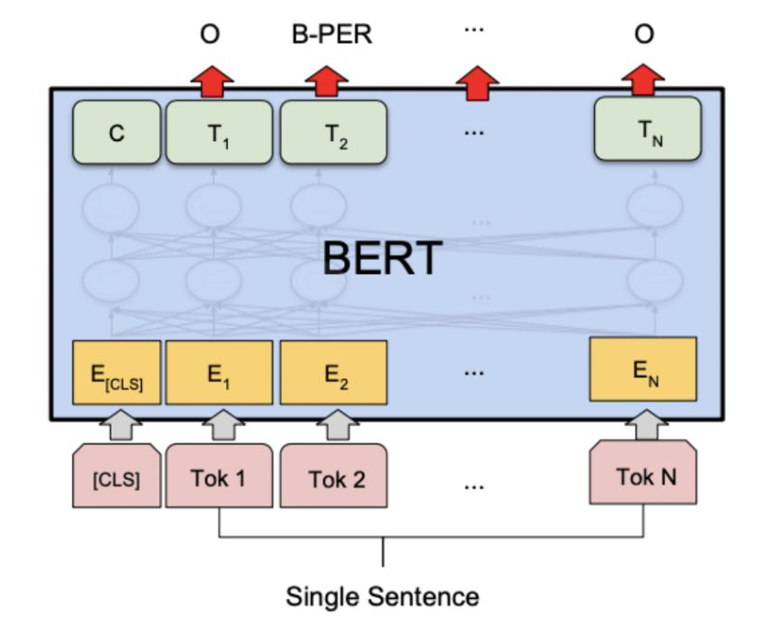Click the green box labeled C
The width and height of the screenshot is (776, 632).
click(116, 133)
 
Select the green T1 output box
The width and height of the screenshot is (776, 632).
click(219, 133)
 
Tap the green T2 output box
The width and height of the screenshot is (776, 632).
click(332, 133)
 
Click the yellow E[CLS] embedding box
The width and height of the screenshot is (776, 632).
click(116, 374)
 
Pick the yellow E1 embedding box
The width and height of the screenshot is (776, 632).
click(219, 374)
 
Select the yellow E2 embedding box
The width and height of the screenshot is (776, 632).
click(332, 374)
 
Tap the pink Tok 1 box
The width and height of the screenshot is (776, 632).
click(219, 476)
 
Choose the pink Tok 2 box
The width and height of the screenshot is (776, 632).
click(332, 476)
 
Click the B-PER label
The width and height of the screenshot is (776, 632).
click(330, 35)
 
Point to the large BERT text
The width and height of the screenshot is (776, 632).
click(383, 259)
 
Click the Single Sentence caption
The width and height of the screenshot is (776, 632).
click(383, 597)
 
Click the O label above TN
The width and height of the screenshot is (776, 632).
click(644, 35)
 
